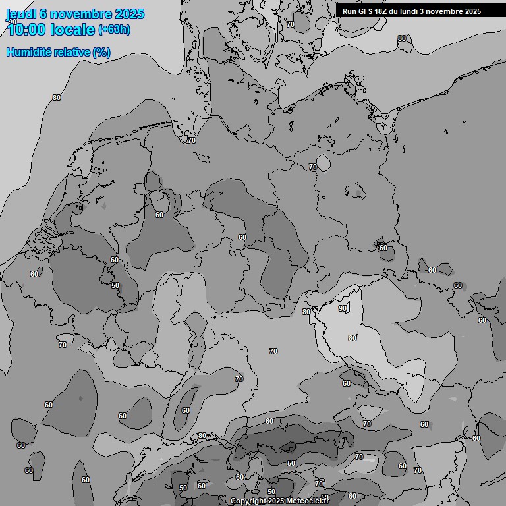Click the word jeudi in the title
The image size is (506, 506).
coord(20,14)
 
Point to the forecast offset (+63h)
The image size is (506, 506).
coord(114,30)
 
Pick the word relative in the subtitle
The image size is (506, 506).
coord(72,52)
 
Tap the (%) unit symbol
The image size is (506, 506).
coord(101,52)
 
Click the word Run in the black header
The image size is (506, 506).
coord(349,11)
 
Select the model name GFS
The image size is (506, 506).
coord(366,11)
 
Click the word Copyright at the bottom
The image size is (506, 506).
coord(248,501)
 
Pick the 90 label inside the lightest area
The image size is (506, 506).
coord(343,308)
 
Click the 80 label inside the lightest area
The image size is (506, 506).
coord(352,338)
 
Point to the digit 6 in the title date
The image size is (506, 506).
coord(42,14)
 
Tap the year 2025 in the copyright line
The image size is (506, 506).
coord(277,501)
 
